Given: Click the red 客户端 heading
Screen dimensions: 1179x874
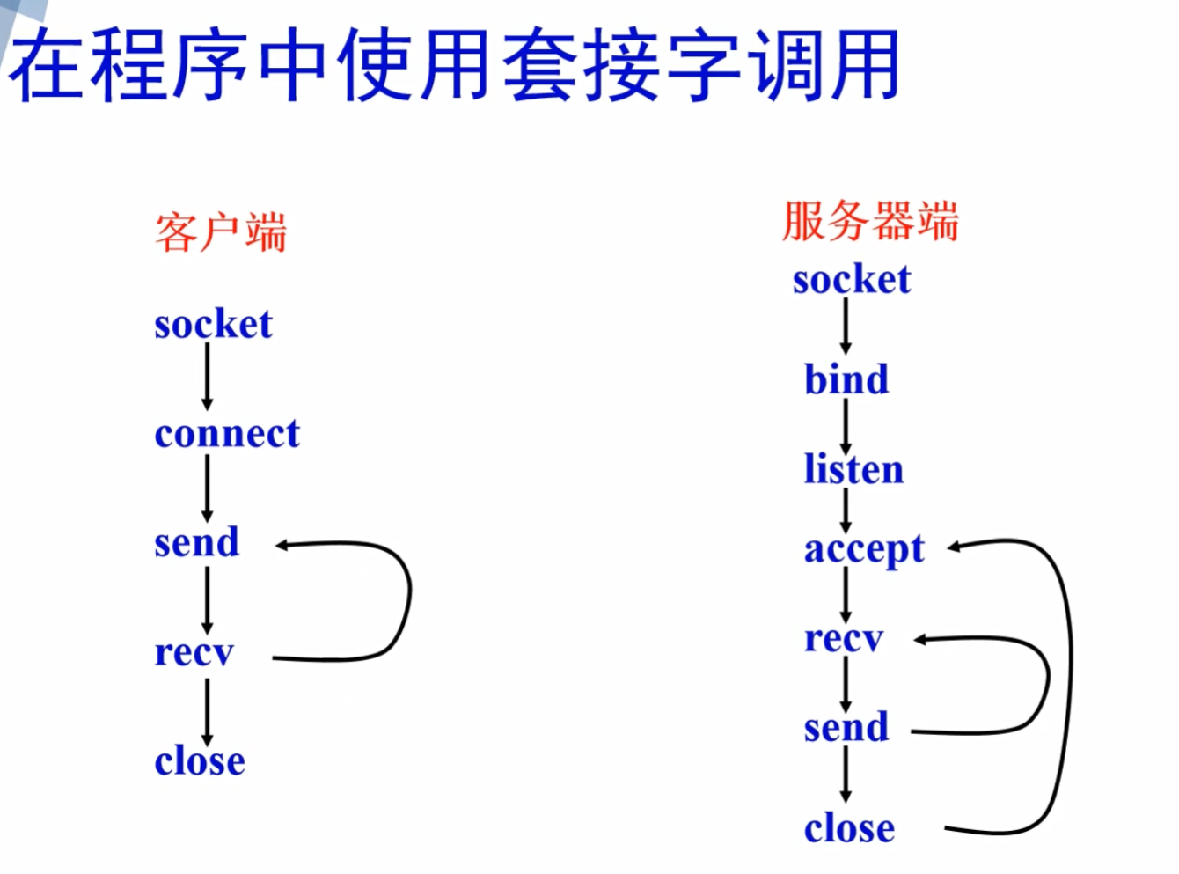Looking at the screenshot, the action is click(221, 232).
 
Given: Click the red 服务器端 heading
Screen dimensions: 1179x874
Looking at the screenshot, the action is click(869, 220).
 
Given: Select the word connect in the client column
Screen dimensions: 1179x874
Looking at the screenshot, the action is click(227, 434).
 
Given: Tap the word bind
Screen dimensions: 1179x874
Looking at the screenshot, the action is click(846, 379).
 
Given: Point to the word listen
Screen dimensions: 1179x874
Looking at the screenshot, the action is click(853, 469).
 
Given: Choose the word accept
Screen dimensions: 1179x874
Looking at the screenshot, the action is click(864, 550).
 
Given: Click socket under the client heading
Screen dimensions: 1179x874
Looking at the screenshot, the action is click(213, 324).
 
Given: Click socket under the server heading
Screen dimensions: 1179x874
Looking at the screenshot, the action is click(852, 280).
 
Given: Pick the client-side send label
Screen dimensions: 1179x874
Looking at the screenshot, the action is click(196, 542).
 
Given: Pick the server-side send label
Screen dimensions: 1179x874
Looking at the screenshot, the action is click(846, 728).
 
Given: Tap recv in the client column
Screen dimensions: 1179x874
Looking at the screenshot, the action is click(194, 652).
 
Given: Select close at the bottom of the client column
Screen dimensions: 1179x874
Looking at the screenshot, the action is click(200, 761).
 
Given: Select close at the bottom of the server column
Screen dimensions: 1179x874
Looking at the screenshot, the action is click(849, 828).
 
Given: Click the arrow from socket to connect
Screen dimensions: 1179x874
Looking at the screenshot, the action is click(208, 377).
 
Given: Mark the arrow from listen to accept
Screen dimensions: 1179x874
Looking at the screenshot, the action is click(846, 510).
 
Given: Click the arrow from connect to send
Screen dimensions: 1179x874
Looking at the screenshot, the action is click(208, 488).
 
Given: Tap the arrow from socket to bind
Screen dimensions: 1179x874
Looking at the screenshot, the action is click(846, 326).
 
